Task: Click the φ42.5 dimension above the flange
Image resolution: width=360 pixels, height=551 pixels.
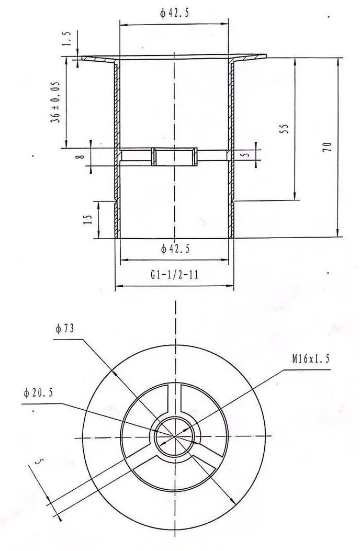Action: coord(174,13)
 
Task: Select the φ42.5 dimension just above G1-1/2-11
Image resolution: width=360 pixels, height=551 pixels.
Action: coord(175,249)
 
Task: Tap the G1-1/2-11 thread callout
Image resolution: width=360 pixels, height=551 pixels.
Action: coord(174,274)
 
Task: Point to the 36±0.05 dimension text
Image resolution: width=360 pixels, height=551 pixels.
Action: coord(55,102)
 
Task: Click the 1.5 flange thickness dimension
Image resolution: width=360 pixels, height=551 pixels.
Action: coord(66,39)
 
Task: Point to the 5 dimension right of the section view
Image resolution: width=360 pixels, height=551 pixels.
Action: coord(246,154)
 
